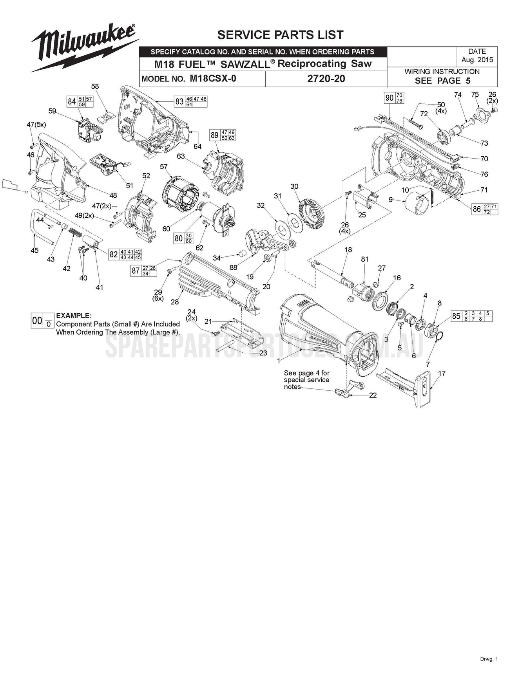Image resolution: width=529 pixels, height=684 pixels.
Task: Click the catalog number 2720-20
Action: coord(326,79)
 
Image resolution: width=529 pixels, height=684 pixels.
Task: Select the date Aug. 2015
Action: coord(477,60)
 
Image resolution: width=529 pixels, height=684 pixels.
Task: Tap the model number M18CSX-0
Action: coord(213,78)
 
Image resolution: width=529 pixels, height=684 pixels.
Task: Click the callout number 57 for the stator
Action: coord(164,167)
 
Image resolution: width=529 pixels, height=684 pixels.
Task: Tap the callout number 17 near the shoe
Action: coord(442,373)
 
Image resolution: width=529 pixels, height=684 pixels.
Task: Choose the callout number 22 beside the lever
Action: coord(373,395)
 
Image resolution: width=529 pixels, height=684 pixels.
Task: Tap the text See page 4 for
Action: coord(306,373)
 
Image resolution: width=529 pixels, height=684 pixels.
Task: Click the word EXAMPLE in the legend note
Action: coord(74,316)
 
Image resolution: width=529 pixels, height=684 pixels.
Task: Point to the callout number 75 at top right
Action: coord(475,95)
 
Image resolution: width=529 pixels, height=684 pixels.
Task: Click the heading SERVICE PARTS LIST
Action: coord(280,35)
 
